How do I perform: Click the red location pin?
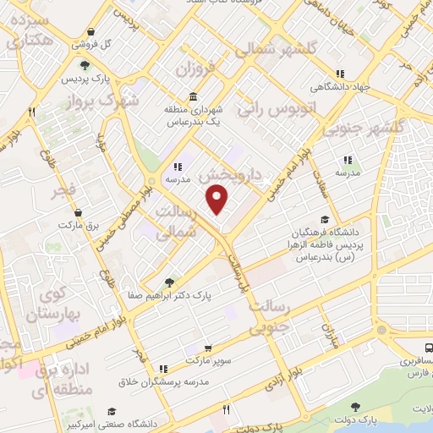218,200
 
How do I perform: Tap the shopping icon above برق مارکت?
78,212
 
